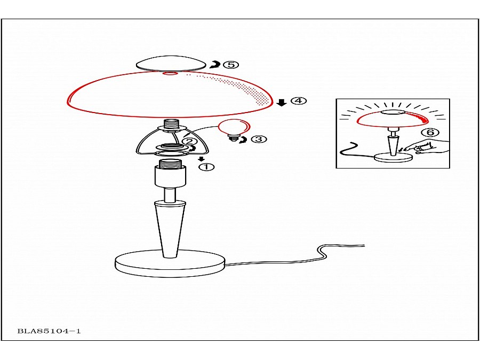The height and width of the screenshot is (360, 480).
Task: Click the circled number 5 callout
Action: (231, 65)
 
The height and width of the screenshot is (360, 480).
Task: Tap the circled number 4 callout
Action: (298, 100)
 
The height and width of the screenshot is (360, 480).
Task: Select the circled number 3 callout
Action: (259, 139)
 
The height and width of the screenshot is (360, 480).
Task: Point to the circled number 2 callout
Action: (189, 141)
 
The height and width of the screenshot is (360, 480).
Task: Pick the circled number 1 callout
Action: (206, 167)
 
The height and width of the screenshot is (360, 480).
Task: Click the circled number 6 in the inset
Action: (430, 132)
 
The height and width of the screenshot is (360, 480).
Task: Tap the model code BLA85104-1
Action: (49, 331)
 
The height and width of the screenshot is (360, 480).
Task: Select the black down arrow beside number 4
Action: (282, 102)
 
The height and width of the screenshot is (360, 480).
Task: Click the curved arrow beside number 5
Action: (216, 65)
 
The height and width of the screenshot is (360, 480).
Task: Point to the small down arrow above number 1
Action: (201, 159)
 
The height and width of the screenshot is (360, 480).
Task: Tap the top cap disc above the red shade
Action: (171, 63)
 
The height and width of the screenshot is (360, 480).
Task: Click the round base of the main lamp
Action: (170, 264)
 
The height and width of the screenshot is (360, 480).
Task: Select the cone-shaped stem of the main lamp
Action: (170, 229)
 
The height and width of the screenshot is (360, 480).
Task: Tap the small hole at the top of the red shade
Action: (171, 74)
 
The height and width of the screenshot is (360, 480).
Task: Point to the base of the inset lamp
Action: (394, 158)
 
